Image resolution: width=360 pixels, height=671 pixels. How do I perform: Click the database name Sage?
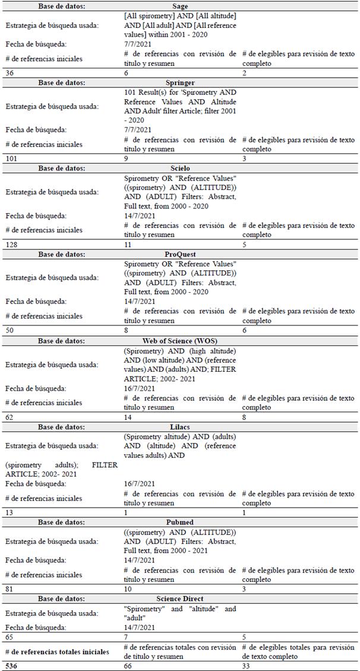tap(180, 6)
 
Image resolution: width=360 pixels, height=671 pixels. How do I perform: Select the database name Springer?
tap(180, 83)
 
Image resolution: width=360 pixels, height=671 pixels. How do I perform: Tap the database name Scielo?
tap(180, 169)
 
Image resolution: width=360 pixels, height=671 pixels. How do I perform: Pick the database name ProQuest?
tap(180, 254)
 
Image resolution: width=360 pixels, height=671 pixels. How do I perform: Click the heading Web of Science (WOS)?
tap(180, 341)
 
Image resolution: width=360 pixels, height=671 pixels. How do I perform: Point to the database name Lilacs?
tap(180, 427)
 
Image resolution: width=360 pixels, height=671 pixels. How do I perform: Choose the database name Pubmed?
tap(180, 521)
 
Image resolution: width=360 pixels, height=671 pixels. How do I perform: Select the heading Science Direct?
tap(180, 599)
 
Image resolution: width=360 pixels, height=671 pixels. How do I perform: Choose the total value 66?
tap(128, 666)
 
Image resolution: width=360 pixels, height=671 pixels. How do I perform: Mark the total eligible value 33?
tap(247, 666)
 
